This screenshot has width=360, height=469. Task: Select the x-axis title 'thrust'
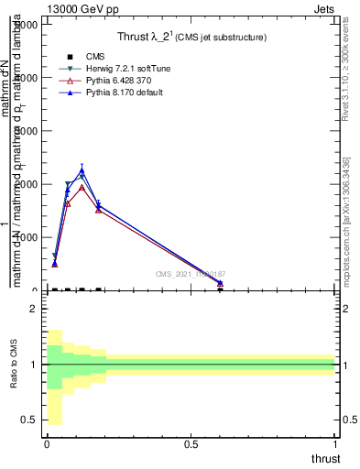324,458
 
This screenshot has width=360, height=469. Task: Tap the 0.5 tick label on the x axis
191,445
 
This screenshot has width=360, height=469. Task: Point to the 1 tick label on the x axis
337,445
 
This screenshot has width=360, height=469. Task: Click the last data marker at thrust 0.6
220,284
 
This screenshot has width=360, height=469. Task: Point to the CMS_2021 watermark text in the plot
191,274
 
